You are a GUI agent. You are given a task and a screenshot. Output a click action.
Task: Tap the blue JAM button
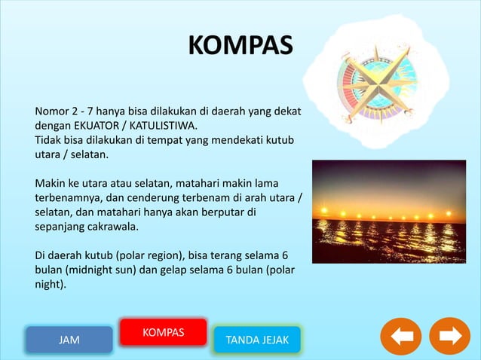click(69, 340)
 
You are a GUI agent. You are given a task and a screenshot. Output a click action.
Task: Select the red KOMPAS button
click(163, 332)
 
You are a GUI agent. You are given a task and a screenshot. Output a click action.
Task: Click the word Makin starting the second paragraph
click(51, 182)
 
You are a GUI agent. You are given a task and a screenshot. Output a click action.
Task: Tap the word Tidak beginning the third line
click(50, 140)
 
